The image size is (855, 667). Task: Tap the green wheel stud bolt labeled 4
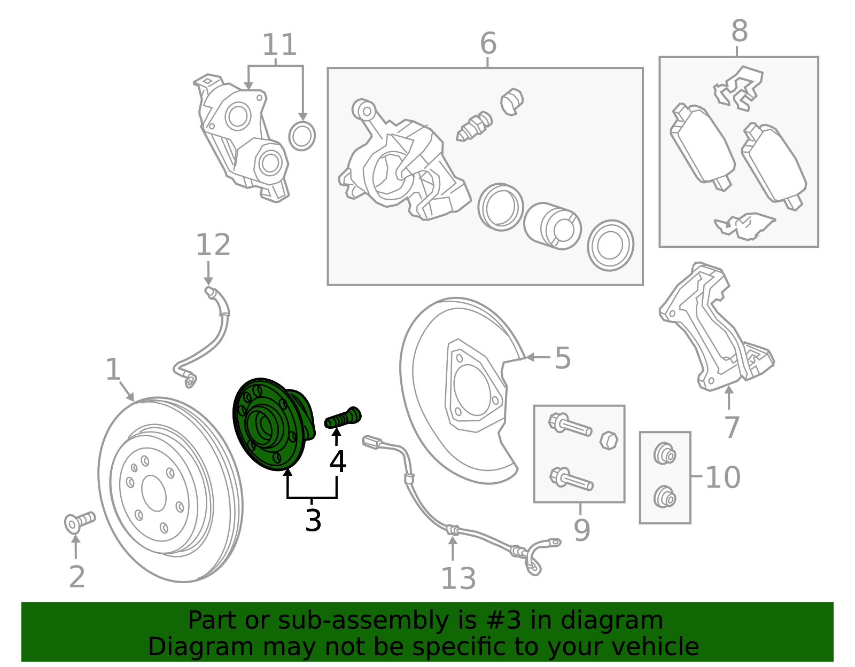pos(343,418)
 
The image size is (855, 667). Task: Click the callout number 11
pos(279,45)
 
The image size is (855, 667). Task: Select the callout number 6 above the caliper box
pos(487,43)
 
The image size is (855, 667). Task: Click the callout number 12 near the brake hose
pos(213,245)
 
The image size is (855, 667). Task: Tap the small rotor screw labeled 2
pos(79,522)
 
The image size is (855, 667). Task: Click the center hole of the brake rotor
pos(154,493)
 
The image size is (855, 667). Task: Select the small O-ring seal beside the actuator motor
pos(302,136)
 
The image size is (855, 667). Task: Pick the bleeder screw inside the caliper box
pos(474,126)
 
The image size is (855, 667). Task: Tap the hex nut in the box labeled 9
pos(609,441)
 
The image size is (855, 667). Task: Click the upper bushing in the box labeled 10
pos(665,455)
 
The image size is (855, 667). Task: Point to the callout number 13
pos(458,578)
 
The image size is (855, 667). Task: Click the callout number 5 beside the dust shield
pos(562,358)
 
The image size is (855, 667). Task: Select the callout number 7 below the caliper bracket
pos(731,427)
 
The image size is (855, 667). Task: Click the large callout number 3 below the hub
pos(313,520)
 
